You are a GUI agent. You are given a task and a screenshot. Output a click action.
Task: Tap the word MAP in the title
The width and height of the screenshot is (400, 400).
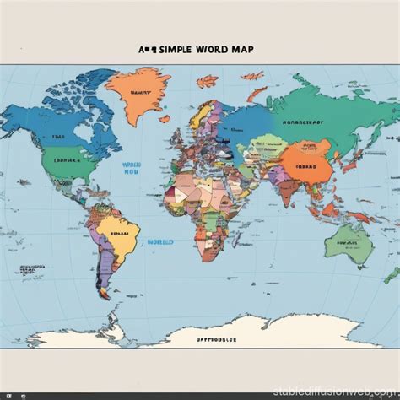[x=240, y=50]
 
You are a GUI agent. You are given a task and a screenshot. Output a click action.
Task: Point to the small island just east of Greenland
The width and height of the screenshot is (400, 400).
[x=207, y=81]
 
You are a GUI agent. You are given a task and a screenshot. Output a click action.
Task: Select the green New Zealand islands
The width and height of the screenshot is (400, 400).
[x=391, y=274]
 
